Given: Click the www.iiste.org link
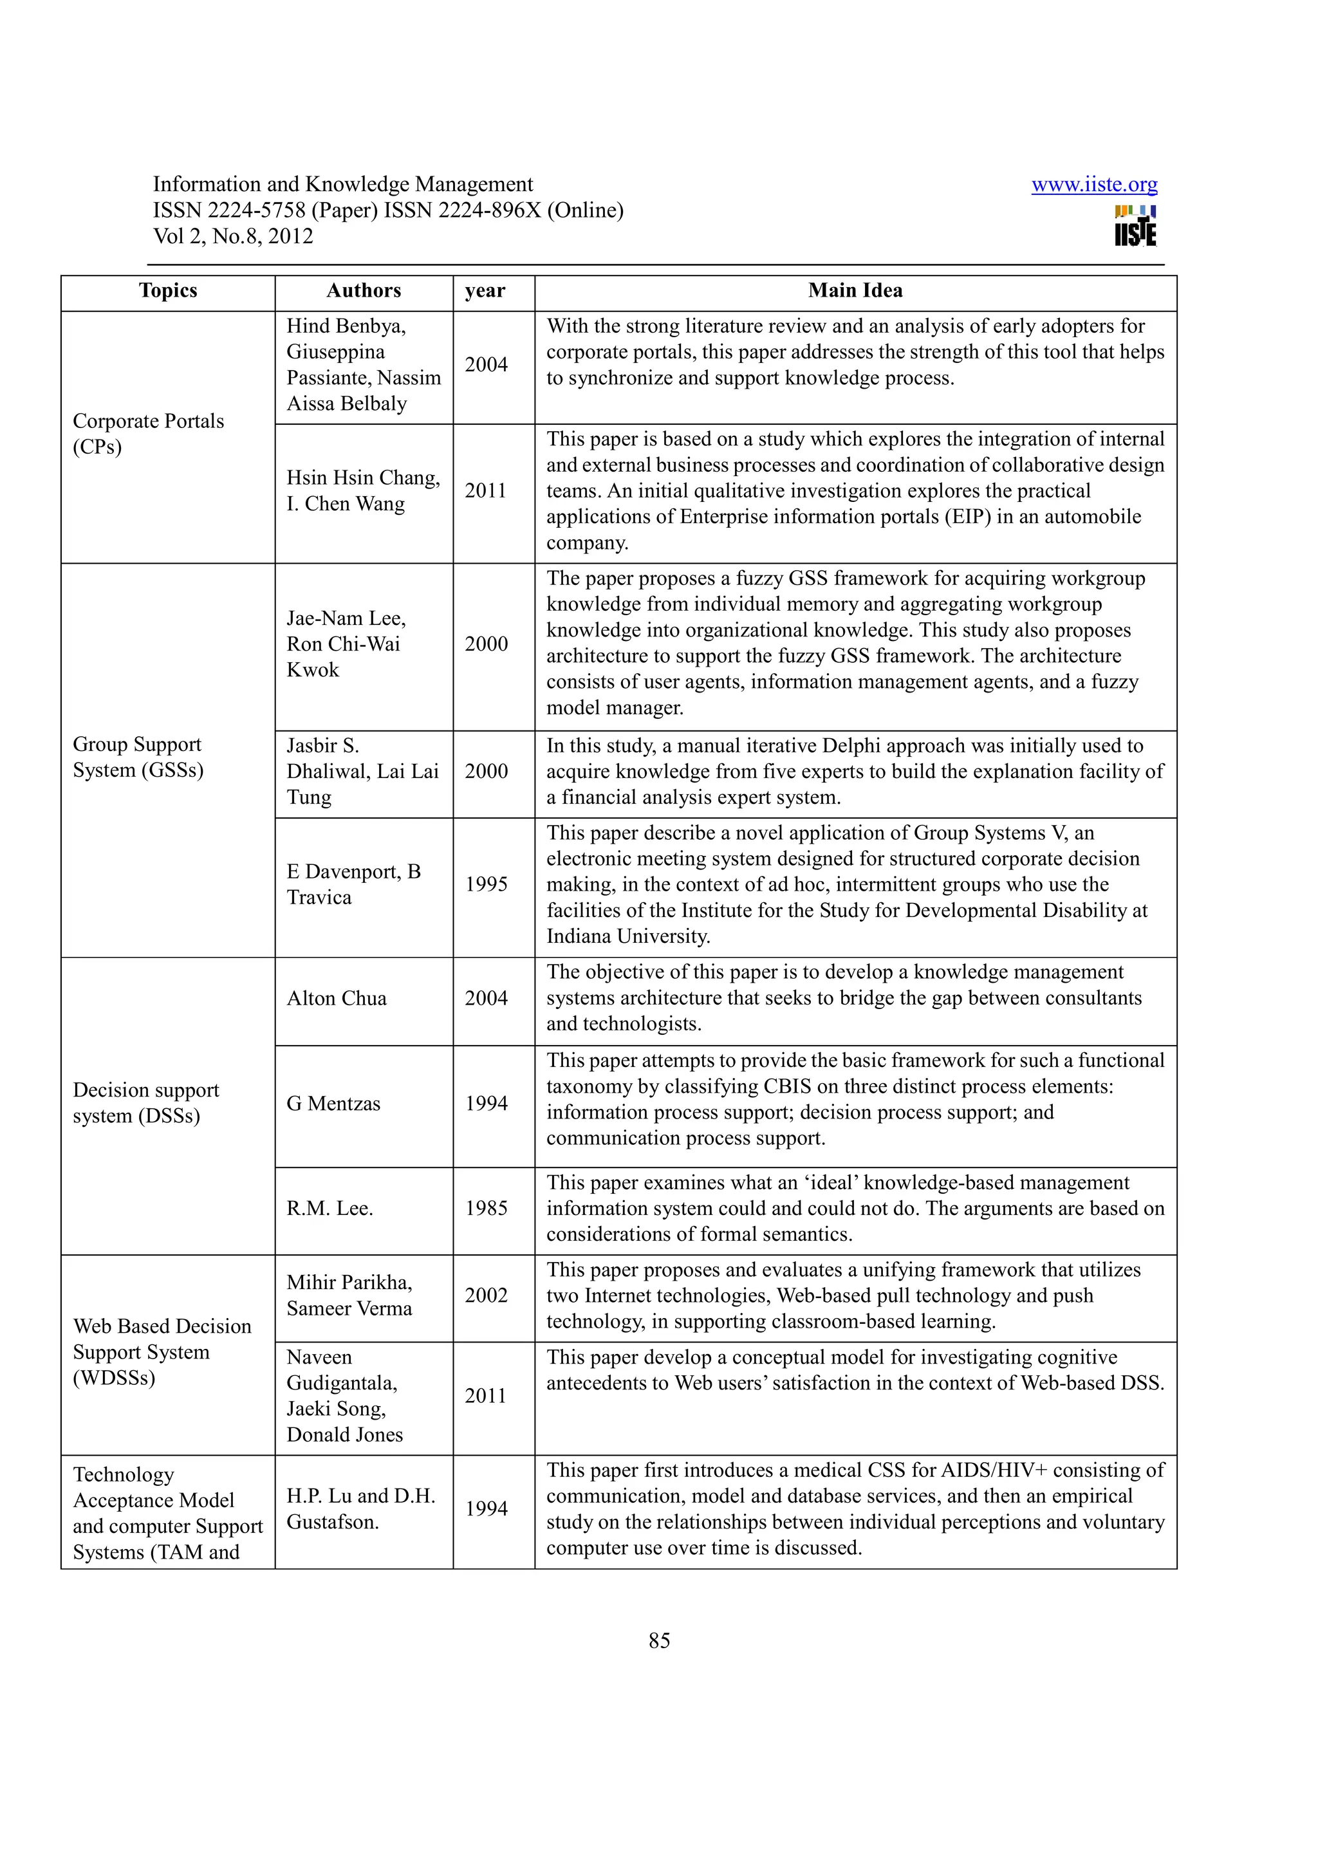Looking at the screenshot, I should pos(1094,185).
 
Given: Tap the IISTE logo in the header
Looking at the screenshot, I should pos(1135,225).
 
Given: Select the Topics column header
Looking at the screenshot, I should pos(168,291).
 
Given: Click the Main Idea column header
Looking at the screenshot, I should pos(855,291).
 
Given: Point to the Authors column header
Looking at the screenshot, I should pos(364,291).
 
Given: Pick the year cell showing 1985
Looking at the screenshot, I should pos(486,1208).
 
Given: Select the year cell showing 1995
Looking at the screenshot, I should pos(486,884).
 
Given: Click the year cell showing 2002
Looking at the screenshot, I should pos(486,1295).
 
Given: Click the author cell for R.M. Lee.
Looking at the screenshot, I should pos(329,1208).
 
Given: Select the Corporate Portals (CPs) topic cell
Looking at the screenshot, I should pos(149,434).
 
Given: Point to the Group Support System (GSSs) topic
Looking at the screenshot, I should pos(138,757).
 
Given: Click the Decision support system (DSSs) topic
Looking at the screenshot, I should pos(146,1102).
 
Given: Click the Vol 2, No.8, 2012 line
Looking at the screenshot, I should pos(233,236).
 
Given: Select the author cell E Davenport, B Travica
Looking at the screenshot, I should pos(353,884).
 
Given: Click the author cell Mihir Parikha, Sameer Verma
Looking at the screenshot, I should pos(349,1295).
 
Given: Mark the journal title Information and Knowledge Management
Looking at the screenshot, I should pos(343,185).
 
